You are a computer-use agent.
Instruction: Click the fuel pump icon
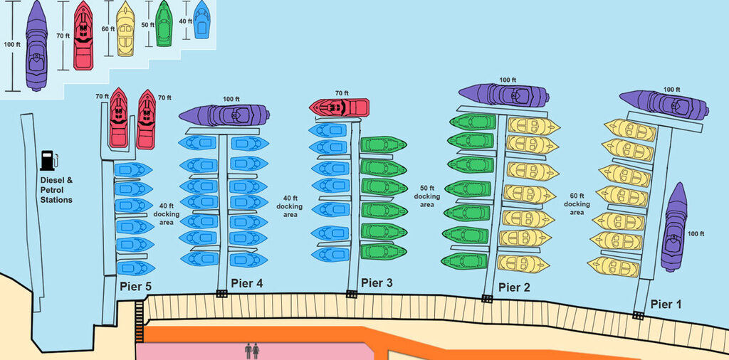point(49,160)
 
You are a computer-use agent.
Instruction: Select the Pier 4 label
point(247,283)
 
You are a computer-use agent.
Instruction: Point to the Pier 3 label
point(377,282)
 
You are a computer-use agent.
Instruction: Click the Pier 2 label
point(514,287)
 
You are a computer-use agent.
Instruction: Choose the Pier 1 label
point(666,305)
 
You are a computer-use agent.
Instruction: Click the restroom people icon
point(252,351)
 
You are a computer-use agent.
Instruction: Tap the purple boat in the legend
point(36,46)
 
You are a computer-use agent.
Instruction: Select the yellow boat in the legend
point(125,28)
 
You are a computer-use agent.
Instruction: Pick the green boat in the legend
point(164,23)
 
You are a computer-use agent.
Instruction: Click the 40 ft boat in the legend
point(201,19)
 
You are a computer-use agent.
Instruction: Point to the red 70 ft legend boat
point(83,36)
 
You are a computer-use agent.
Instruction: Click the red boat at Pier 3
point(340,107)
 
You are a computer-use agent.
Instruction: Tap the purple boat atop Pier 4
point(224,115)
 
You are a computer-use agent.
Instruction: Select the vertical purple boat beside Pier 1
point(674,227)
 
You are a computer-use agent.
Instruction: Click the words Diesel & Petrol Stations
point(56,190)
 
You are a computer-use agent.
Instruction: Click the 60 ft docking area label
point(577,204)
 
